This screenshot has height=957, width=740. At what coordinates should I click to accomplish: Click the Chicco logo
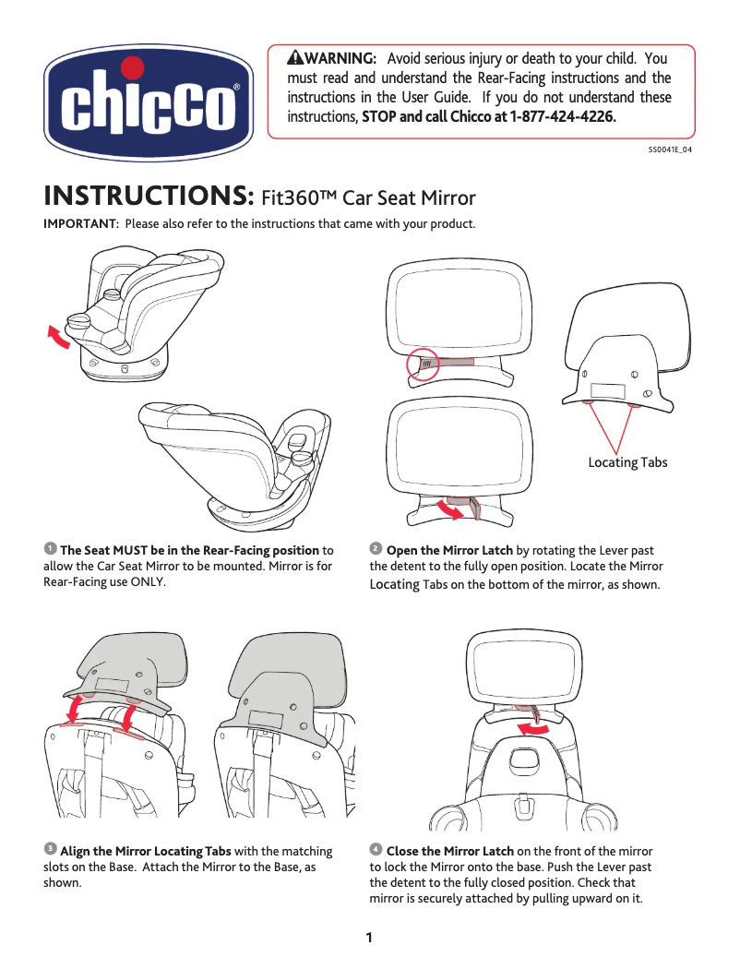149,99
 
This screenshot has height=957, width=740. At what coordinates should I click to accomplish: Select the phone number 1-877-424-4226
563,118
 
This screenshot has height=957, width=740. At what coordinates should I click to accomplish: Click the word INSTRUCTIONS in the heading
149,197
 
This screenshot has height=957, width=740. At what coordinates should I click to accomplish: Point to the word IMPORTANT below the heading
80,224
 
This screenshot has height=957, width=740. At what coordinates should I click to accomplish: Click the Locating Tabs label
627,462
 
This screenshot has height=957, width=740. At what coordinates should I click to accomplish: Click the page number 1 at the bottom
369,939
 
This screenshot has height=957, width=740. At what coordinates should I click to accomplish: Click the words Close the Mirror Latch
449,851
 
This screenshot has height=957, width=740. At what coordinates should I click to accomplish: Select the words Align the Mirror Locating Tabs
146,851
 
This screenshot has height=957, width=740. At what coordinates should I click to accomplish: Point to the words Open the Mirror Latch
449,551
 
